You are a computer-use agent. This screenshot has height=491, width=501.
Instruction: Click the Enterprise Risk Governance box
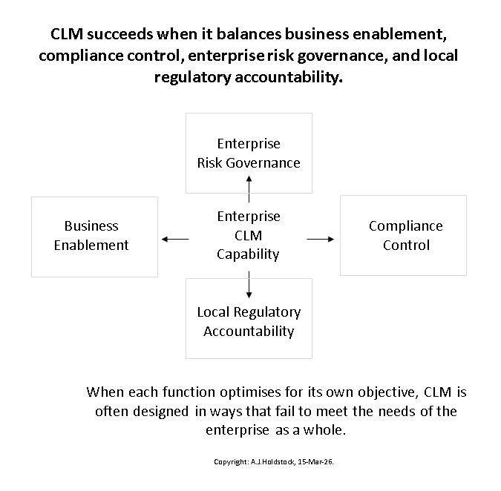pyautogui.click(x=249, y=153)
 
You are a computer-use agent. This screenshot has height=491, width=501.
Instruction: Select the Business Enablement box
pyautogui.click(x=94, y=236)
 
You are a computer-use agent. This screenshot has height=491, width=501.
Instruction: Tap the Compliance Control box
pyautogui.click(x=404, y=236)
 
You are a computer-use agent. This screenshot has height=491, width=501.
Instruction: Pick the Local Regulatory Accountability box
pyautogui.click(x=249, y=320)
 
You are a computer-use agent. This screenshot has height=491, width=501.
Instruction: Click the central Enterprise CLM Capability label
pyautogui.click(x=249, y=236)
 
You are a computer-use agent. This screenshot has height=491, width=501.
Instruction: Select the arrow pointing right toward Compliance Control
pyautogui.click(x=321, y=238)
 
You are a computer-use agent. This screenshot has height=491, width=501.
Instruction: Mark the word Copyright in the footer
pyautogui.click(x=230, y=462)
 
